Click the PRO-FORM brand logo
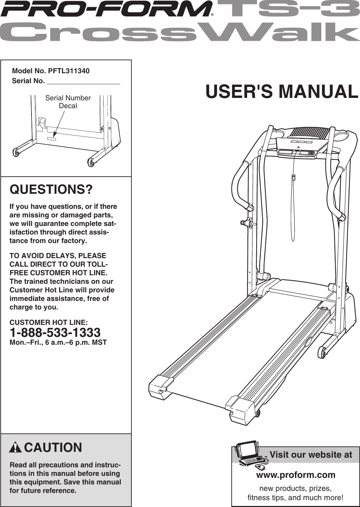click(106, 9)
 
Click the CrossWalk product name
click(180, 32)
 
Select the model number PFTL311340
click(68, 71)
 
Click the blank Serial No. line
click(83, 81)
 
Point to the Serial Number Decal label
click(68, 102)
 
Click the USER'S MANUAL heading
click(282, 92)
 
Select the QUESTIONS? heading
click(51, 189)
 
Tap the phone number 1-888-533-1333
click(55, 332)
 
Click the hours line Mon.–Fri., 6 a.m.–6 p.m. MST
click(58, 342)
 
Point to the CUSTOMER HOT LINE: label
click(48, 322)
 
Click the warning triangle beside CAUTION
click(15, 447)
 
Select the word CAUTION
click(53, 447)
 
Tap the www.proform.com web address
click(296, 475)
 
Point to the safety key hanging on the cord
click(293, 177)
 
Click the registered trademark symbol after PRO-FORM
click(212, 15)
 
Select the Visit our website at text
click(310, 455)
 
